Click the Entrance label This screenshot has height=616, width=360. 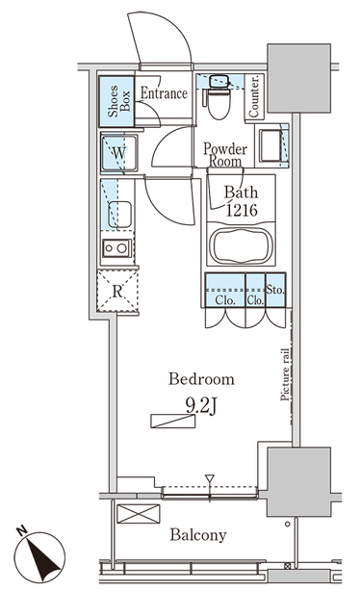click(x=165, y=93)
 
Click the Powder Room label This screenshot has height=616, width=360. click(x=224, y=155)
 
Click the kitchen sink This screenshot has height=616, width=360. click(x=119, y=213)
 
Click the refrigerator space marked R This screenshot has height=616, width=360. click(x=116, y=290)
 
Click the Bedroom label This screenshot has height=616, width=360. click(x=200, y=379)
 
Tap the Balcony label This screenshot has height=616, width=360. click(x=199, y=536)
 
